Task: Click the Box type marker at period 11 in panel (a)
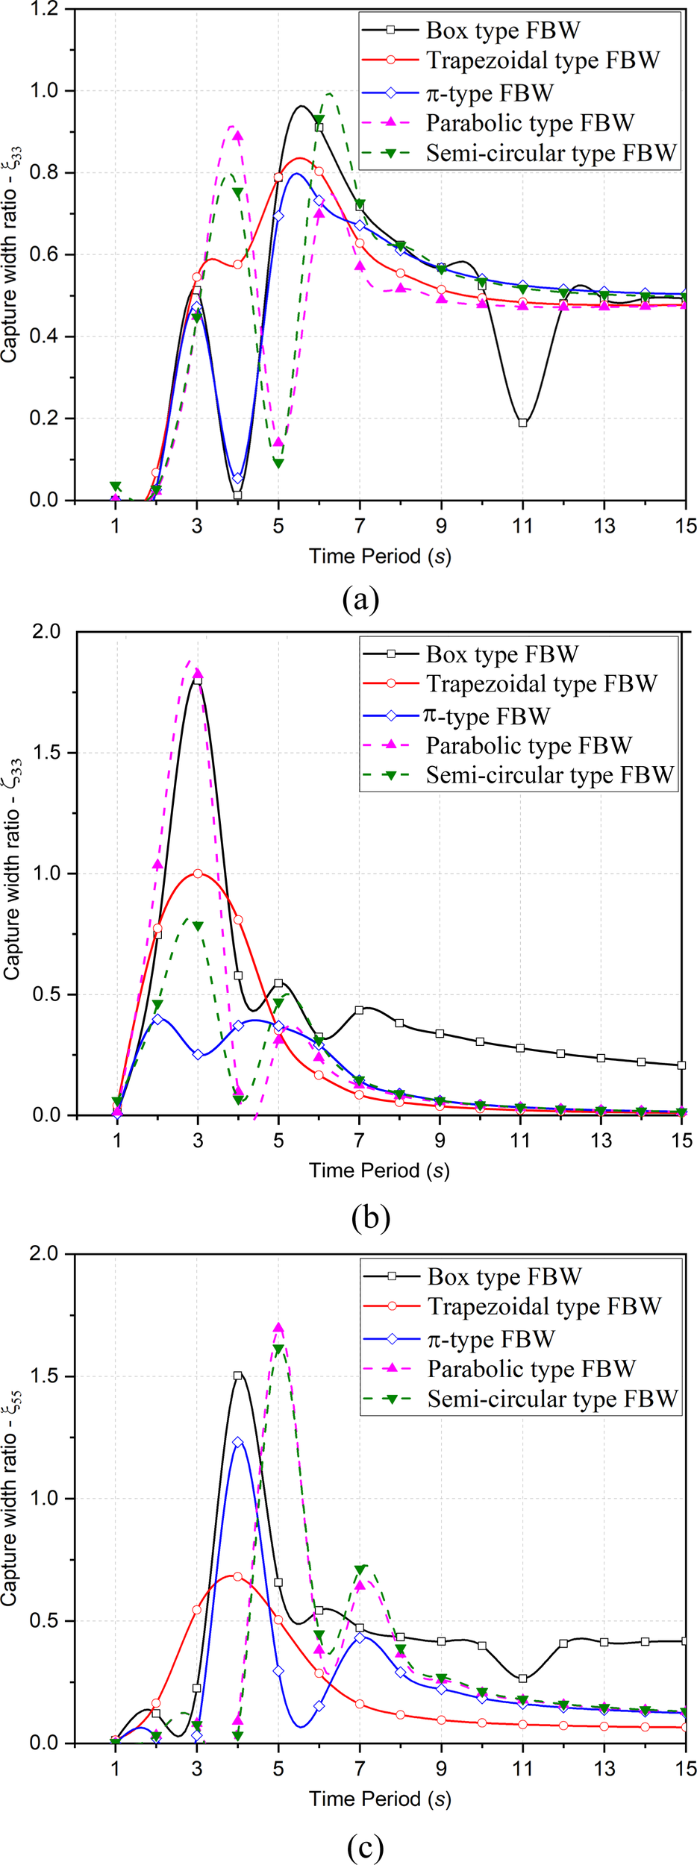pyautogui.click(x=522, y=423)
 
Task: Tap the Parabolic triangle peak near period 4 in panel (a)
pyautogui.click(x=237, y=136)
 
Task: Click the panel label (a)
pyautogui.click(x=360, y=599)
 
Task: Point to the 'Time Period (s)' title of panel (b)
pyautogui.click(x=379, y=1170)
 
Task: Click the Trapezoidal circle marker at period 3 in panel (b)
pyautogui.click(x=198, y=874)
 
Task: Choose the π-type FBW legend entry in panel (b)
pyautogui.click(x=487, y=716)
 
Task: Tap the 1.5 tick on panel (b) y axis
pyautogui.click(x=44, y=753)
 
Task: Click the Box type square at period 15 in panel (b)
pyautogui.click(x=681, y=1065)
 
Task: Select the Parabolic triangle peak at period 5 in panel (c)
pyautogui.click(x=278, y=1329)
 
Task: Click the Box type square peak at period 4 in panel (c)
pyautogui.click(x=237, y=1376)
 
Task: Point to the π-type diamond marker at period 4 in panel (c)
pyautogui.click(x=238, y=1443)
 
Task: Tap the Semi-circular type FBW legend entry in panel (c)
pyautogui.click(x=552, y=1399)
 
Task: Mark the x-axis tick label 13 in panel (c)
pyautogui.click(x=604, y=1769)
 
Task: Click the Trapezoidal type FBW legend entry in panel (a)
pyautogui.click(x=543, y=60)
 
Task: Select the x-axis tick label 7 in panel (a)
pyautogui.click(x=360, y=526)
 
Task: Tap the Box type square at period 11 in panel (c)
pyautogui.click(x=522, y=1678)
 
